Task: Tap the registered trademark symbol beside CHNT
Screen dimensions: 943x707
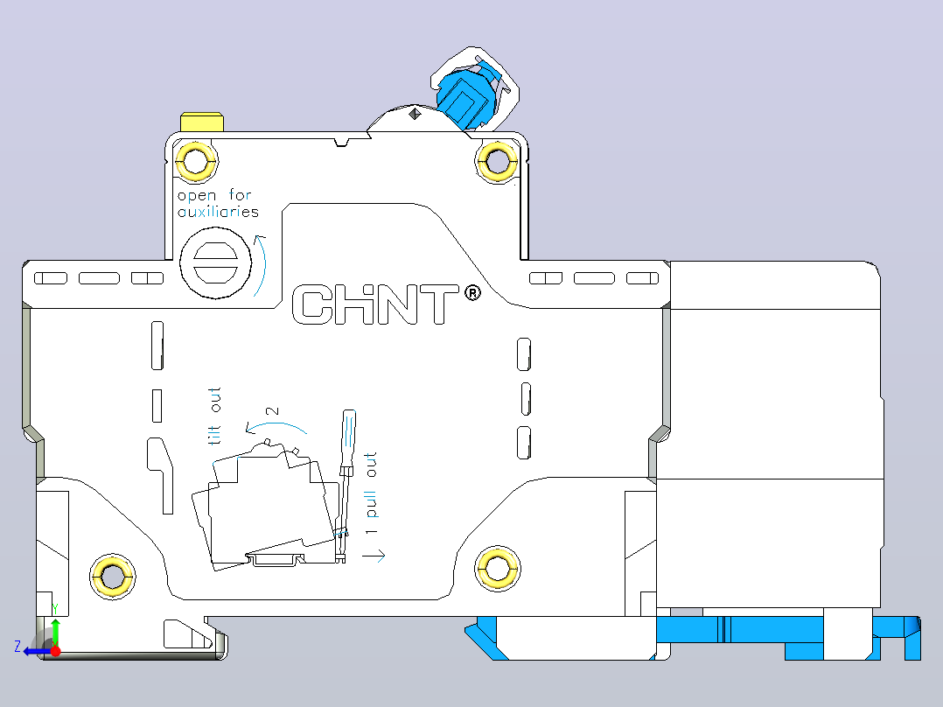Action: [x=473, y=293]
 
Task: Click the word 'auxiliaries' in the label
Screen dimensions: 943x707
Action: [x=218, y=211]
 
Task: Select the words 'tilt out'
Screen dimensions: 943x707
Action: [x=214, y=416]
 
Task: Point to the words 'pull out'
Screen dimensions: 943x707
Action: [x=371, y=485]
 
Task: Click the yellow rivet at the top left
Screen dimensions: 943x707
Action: [x=195, y=161]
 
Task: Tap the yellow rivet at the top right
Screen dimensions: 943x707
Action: [x=497, y=161]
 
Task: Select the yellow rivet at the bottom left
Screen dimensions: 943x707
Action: [x=113, y=577]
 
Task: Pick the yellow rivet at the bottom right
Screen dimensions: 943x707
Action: [x=497, y=568]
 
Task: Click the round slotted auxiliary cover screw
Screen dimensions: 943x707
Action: [x=216, y=263]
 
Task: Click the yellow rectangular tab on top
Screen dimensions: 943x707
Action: [x=202, y=122]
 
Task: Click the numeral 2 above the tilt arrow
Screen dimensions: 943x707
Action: [x=272, y=411]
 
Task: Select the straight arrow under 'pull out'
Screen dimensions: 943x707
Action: [x=374, y=556]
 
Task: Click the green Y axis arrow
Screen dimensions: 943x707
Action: [x=55, y=633]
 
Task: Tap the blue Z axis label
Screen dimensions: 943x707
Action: [x=17, y=647]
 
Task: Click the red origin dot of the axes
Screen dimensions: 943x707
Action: [x=55, y=651]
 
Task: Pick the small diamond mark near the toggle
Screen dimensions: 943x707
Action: [x=415, y=114]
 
